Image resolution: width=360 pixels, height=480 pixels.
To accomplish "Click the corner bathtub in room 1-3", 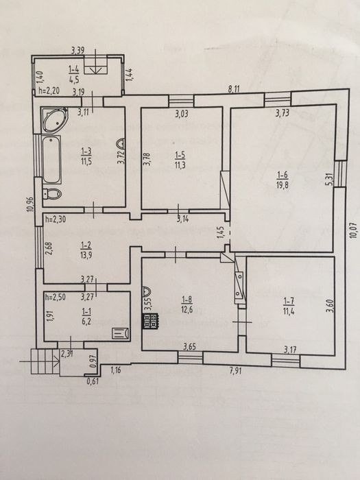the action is coord(54,120).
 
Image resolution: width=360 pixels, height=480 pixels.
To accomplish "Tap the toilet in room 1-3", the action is coord(52,193).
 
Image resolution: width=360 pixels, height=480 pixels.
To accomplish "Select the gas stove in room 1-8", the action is coord(150,322).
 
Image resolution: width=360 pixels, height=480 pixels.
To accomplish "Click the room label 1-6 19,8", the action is coord(283,180).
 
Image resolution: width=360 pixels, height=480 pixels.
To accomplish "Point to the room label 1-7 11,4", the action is coord(289,306).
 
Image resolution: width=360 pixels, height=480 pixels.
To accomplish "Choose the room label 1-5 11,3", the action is coord(180,160).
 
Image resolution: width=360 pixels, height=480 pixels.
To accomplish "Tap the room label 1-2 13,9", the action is coord(86,250).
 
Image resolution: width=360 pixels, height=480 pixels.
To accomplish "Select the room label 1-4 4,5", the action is coord(74,74).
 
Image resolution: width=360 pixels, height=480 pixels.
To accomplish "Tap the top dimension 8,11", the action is coord(235,89).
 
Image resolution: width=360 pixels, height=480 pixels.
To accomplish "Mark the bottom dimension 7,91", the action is coord(235,371).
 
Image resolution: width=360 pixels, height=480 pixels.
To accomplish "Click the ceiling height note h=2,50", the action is coord(55,297).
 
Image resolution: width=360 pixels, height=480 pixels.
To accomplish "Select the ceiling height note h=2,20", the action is coord(50,91).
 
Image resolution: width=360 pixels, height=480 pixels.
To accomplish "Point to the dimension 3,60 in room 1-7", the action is coord(328,306).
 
